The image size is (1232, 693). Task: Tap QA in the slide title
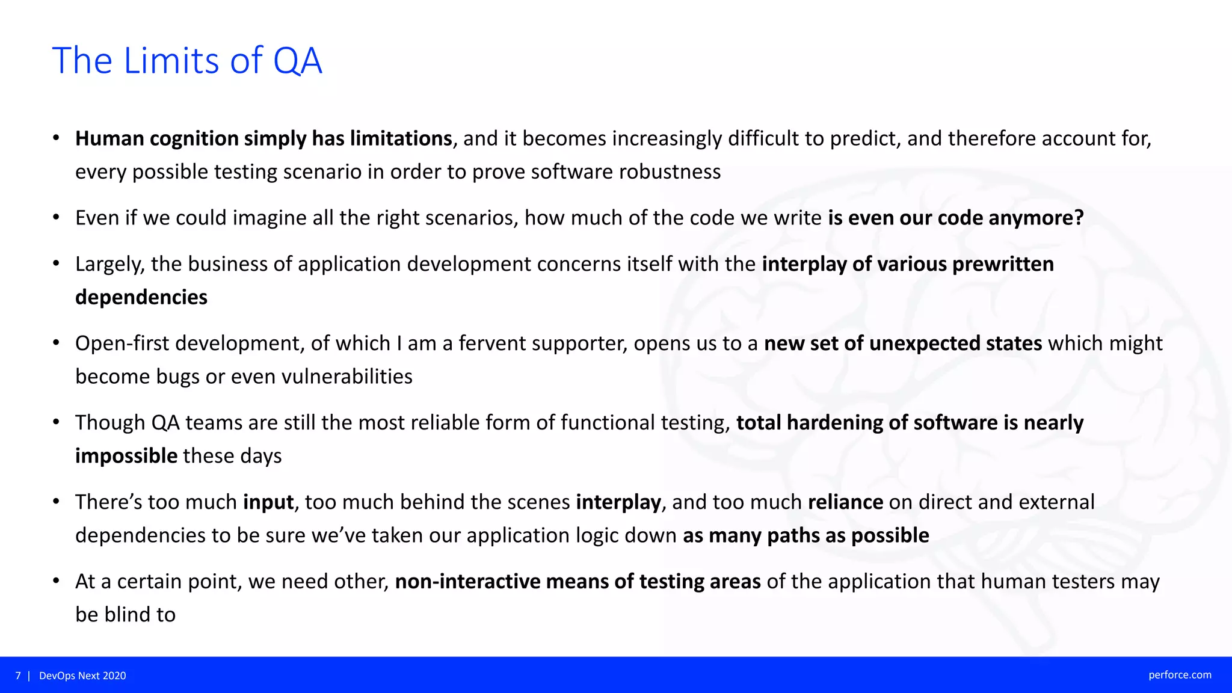pos(297,61)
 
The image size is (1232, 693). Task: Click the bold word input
pos(268,502)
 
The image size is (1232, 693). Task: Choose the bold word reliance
pos(845,502)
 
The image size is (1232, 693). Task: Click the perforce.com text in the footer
pos(1180,675)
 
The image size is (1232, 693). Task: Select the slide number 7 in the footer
pos(18,676)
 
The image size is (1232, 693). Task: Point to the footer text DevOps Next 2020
pos(82,676)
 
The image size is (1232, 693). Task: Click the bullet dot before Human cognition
pos(56,138)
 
